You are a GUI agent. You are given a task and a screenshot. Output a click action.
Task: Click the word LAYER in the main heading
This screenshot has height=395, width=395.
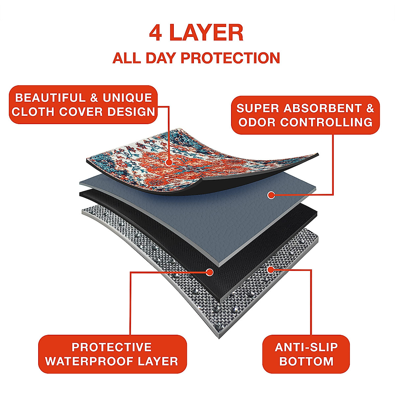coord(207,33)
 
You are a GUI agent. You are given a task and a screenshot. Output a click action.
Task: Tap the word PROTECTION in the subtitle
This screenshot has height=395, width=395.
coord(230,58)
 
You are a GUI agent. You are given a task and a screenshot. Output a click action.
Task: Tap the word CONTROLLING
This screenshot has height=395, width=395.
coord(326,122)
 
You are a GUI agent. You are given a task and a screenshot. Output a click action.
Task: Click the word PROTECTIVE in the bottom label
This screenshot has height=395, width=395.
coord(112,347)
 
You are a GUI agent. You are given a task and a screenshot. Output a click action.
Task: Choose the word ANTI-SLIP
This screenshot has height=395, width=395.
coord(306,347)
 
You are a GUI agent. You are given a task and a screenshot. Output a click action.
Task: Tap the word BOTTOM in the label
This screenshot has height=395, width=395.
coord(306,361)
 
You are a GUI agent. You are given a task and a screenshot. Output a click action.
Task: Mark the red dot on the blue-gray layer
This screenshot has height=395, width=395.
coord(271,195)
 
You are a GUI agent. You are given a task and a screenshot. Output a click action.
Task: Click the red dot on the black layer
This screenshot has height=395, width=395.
coord(209,272)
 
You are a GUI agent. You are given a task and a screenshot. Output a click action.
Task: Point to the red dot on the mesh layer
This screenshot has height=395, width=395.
coord(271,270)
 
